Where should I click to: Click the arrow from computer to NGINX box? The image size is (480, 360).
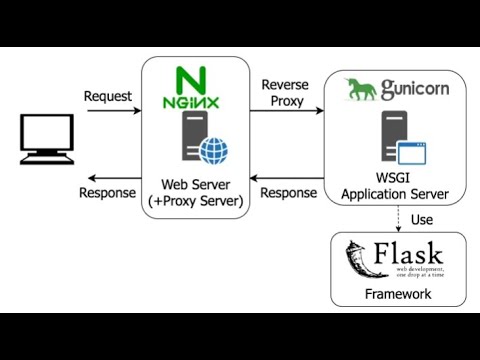pos(112,110)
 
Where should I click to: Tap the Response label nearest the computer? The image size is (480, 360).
pos(107,192)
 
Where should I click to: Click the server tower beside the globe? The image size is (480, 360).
pos(191,138)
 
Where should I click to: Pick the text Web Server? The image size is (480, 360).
pos(195,184)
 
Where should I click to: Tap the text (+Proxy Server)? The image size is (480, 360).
pos(195,201)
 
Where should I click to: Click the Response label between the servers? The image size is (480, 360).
pos(289,192)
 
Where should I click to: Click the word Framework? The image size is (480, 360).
pos(398,294)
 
